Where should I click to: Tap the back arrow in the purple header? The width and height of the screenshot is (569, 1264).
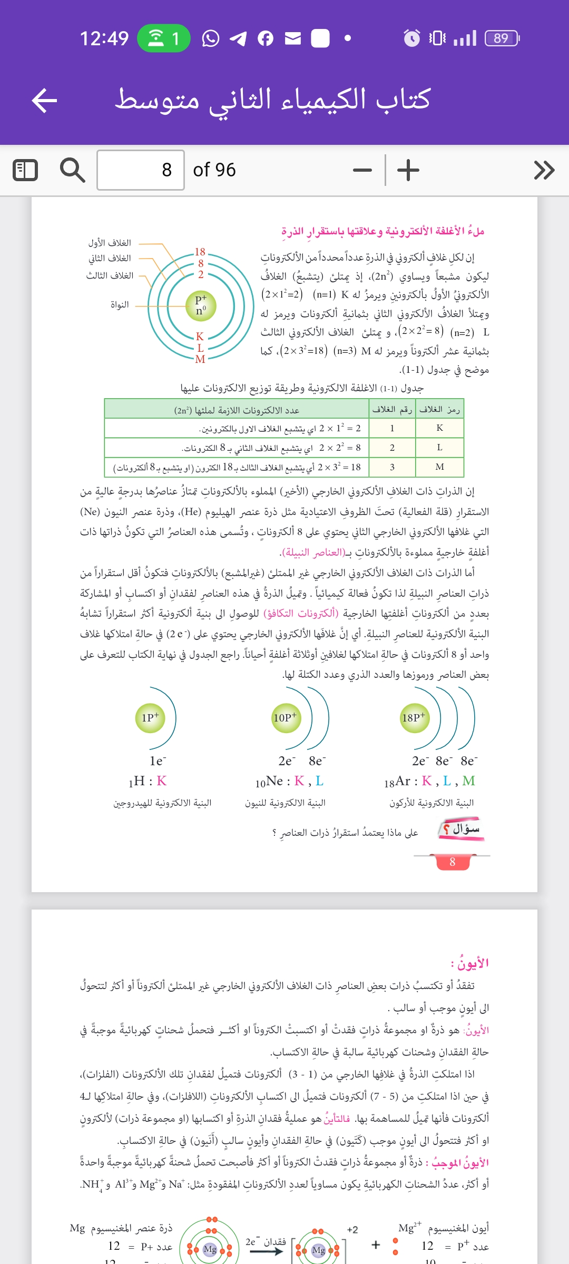[44, 101]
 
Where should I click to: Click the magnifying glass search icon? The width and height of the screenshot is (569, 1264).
[72, 170]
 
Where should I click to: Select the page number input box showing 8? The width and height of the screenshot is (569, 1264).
[141, 170]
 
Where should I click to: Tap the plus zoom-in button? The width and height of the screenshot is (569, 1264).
[408, 170]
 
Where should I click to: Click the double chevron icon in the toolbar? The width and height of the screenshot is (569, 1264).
[544, 170]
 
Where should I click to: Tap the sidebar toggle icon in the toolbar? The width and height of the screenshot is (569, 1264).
[25, 170]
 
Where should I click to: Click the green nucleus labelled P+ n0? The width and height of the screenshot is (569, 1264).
[201, 305]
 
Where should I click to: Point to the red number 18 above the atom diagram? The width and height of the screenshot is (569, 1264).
[200, 252]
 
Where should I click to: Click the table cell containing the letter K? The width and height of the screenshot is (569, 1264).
[439, 428]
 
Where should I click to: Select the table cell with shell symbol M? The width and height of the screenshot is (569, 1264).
[439, 467]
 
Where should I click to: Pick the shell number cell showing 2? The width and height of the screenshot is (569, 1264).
[392, 448]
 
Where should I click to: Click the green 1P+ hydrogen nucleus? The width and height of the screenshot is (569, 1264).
[150, 717]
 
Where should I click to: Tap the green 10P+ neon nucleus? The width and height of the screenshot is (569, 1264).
[285, 717]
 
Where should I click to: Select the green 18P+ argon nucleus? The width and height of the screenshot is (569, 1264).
[414, 717]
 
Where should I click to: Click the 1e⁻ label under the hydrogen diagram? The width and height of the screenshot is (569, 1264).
[158, 761]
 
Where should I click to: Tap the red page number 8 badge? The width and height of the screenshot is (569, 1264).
[452, 862]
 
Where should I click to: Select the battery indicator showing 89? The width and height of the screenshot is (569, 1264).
[502, 38]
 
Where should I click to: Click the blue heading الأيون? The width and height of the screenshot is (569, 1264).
[470, 963]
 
